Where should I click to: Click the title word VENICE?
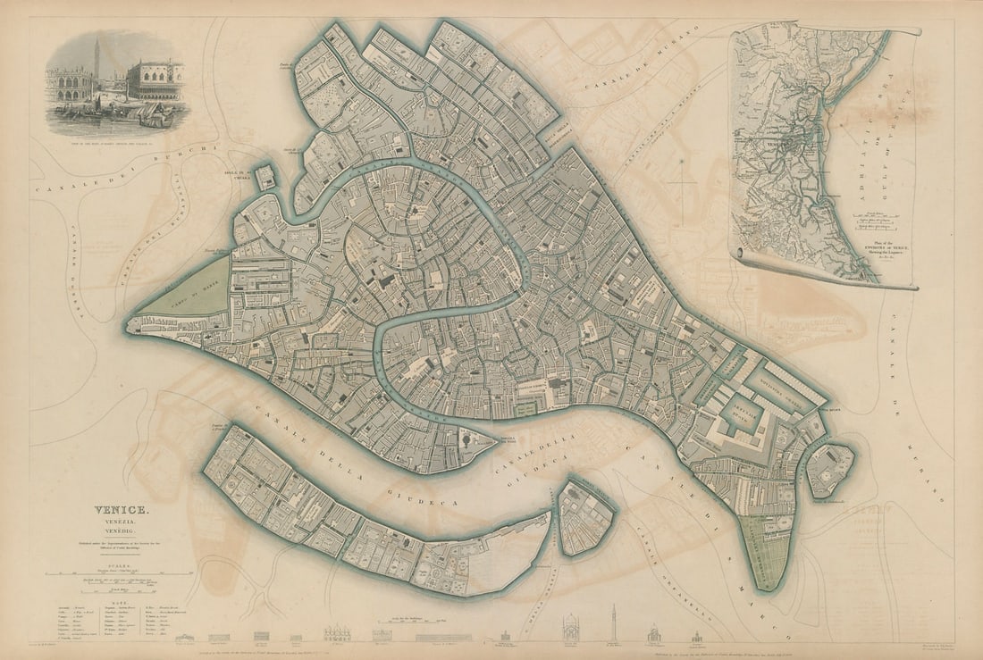(x=122, y=511)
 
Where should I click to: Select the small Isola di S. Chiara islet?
(x=265, y=177)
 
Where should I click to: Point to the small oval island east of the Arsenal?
(x=831, y=469)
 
